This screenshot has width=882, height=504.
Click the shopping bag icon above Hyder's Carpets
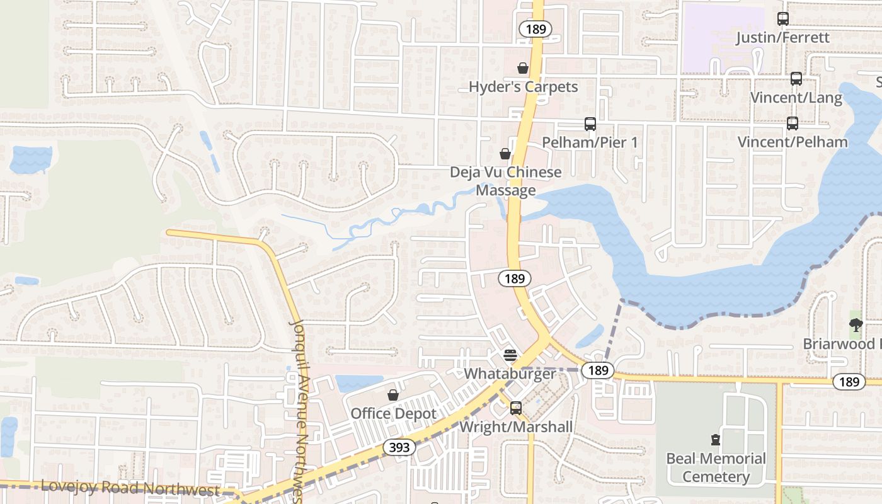pyautogui.click(x=523, y=68)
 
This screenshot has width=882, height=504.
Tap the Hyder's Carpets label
pyautogui.click(x=523, y=87)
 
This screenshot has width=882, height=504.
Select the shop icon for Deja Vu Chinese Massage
pyautogui.click(x=505, y=153)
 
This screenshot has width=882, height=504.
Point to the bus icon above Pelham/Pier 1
pyautogui.click(x=590, y=124)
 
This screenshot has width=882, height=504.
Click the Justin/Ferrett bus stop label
pyautogui.click(x=783, y=38)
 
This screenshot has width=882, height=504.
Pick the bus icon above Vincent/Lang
pyautogui.click(x=796, y=79)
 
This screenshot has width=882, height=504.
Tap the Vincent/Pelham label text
pyautogui.click(x=793, y=142)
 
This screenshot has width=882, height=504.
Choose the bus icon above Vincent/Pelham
pyautogui.click(x=793, y=123)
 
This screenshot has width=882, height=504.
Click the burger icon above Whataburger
pyautogui.click(x=510, y=355)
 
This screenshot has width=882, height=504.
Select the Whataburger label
pyautogui.click(x=510, y=374)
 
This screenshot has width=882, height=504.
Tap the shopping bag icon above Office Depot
pyautogui.click(x=393, y=395)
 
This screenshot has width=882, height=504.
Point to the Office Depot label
pyautogui.click(x=393, y=414)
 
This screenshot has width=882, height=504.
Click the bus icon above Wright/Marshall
pyautogui.click(x=516, y=408)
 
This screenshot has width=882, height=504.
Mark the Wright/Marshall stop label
pyautogui.click(x=516, y=427)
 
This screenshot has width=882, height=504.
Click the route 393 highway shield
pyautogui.click(x=399, y=447)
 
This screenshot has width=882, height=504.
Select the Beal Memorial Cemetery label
pyautogui.click(x=716, y=467)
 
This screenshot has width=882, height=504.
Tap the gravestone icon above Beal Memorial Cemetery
pyautogui.click(x=716, y=439)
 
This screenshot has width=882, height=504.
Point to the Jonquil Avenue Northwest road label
pyautogui.click(x=301, y=409)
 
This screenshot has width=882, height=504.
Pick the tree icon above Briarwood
pyautogui.click(x=856, y=325)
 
